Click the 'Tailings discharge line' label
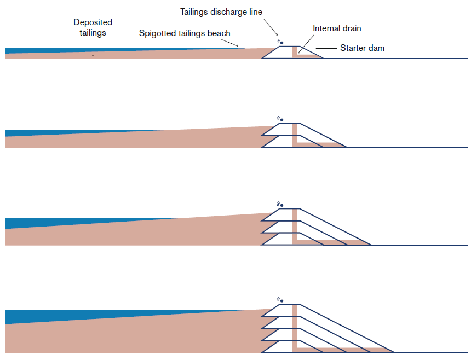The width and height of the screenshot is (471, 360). click(221, 12)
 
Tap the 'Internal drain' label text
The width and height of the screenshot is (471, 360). click(337, 28)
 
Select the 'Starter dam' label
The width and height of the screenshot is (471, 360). click(362, 48)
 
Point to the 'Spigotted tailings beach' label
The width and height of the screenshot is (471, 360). click(185, 33)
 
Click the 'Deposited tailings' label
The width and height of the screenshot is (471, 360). click(93, 28)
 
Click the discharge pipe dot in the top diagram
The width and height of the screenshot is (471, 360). click(282, 43)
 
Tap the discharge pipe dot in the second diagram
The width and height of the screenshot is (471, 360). click(282, 120)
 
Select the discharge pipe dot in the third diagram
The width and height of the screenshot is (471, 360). click(282, 205)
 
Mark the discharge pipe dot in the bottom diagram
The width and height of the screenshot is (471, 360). click(282, 301)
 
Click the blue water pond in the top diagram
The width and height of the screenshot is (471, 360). click(33, 51)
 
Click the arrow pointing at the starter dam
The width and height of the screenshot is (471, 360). click(326, 48)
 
